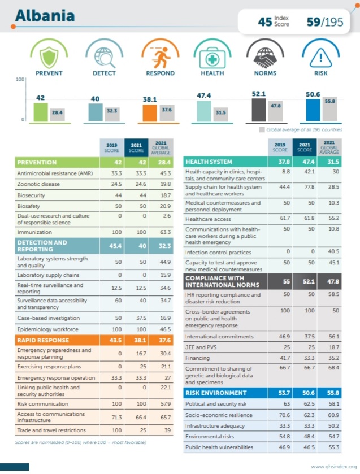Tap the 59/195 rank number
[x=324, y=22]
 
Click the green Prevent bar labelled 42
[x=41, y=111]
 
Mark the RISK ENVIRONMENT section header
[x=216, y=393]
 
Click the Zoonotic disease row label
[x=39, y=184]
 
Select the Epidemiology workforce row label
[x=48, y=329]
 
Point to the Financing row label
[x=198, y=358]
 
